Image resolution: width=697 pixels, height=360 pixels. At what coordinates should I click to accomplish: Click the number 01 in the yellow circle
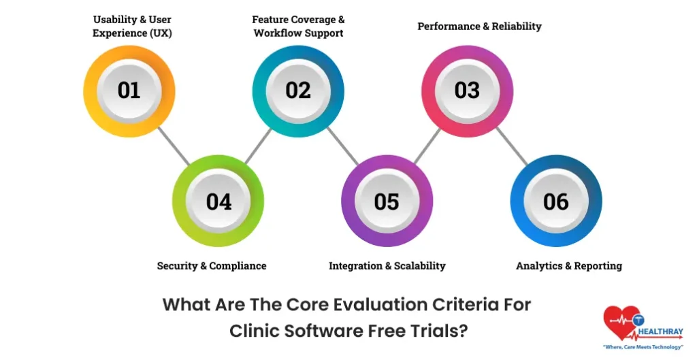click(x=129, y=91)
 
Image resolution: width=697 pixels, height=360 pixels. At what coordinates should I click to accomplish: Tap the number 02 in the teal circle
click(x=298, y=91)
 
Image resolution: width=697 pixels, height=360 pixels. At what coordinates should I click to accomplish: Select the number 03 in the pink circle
click(x=467, y=91)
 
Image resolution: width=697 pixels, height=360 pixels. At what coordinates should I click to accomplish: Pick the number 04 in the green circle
click(x=218, y=201)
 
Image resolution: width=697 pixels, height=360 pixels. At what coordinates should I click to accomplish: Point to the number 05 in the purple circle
click(x=387, y=201)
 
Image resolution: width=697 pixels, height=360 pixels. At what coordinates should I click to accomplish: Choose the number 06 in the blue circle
click(x=555, y=201)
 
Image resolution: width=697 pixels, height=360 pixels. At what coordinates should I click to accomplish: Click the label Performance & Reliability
click(x=479, y=27)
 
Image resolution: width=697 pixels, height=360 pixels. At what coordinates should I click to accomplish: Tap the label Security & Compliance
click(x=212, y=265)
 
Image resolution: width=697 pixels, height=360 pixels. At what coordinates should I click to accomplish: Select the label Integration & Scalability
click(x=387, y=265)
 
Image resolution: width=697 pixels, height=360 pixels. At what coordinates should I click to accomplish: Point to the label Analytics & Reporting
click(x=569, y=265)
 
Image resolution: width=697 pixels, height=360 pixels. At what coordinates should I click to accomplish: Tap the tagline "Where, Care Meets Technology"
click(x=643, y=347)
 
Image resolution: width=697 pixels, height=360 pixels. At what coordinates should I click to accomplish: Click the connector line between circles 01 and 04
click(x=174, y=146)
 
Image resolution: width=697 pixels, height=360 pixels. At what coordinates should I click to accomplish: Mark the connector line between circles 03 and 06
click(x=512, y=146)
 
